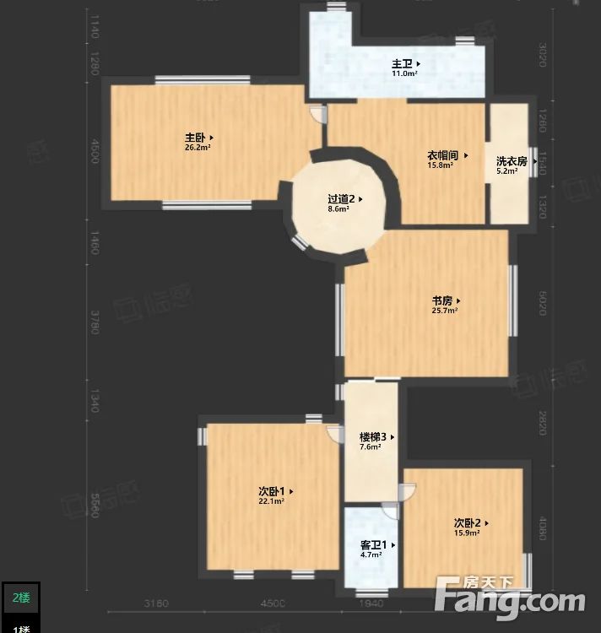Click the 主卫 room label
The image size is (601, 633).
402,63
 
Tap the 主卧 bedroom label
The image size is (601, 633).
196,137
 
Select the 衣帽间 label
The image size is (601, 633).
442,155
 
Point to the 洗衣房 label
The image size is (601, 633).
512,160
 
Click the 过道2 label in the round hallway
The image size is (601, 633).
341,199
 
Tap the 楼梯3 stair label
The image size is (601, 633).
373,437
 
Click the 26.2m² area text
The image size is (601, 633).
198,148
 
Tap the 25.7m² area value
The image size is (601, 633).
444,311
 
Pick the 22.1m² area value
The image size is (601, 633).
271,500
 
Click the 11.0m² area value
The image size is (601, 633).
403,73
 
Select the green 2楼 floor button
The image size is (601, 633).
20,598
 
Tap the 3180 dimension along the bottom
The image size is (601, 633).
157,603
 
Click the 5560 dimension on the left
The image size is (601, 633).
94,505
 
